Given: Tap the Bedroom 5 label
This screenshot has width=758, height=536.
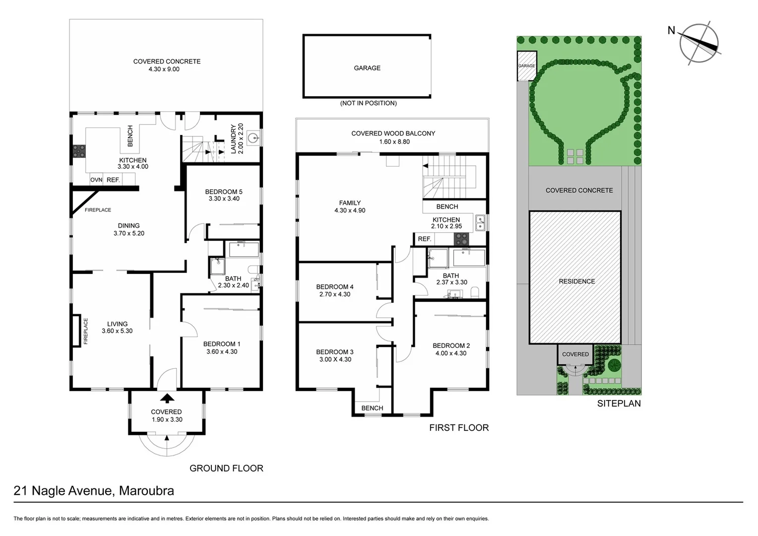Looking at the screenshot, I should (x=224, y=192).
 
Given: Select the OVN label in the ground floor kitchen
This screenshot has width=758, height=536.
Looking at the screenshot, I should (x=96, y=180).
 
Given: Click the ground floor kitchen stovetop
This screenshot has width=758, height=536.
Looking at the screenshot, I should (x=78, y=151).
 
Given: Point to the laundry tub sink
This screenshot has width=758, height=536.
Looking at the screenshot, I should (x=253, y=137).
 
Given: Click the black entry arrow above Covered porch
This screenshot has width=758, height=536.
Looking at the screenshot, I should (x=167, y=398).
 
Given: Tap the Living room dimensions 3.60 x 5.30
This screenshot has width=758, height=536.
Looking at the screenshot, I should (x=117, y=331).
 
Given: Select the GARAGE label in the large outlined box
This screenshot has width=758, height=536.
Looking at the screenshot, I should (x=367, y=68).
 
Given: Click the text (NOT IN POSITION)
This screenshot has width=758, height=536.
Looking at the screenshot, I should (x=368, y=103).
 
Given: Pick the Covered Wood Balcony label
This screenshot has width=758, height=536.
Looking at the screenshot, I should (x=393, y=134).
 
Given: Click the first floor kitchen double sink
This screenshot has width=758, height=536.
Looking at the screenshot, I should (x=480, y=223).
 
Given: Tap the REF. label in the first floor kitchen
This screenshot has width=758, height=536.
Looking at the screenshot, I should (x=424, y=239).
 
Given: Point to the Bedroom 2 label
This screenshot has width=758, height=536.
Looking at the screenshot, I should (x=451, y=346).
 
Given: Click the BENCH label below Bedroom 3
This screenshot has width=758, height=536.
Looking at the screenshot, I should (x=372, y=408).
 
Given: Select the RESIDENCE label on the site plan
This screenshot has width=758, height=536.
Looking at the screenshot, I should (x=576, y=281).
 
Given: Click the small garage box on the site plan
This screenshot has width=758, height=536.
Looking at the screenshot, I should (x=526, y=66).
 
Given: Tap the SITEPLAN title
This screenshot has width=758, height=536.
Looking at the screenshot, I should (x=619, y=403).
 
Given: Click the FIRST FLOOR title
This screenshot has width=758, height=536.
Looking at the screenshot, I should (x=459, y=428).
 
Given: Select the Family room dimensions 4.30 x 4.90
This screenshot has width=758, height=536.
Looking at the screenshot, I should (x=350, y=210).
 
